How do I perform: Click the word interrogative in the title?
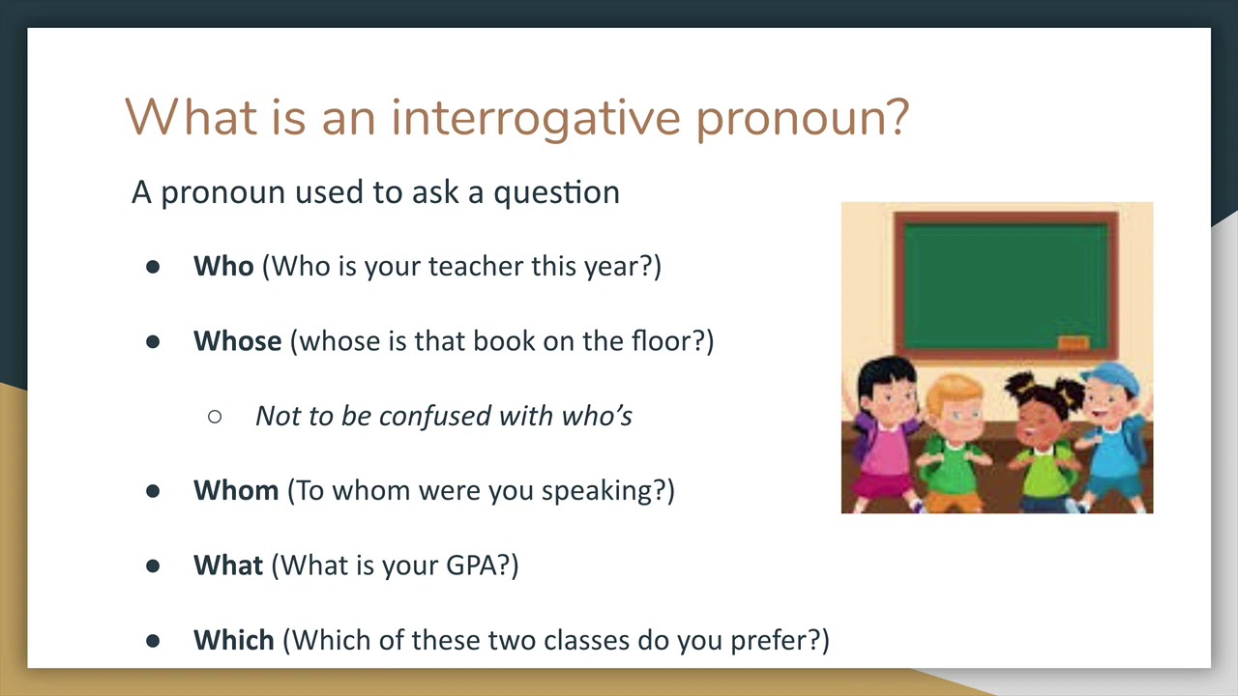536,118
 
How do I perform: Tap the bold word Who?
223,266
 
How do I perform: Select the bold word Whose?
237,341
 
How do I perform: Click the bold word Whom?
236,490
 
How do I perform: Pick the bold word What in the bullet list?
227,565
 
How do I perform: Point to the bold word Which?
234,640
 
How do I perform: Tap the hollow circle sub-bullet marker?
215,417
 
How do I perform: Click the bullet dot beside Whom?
153,491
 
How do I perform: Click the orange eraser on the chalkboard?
1074,342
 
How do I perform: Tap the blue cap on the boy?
1112,377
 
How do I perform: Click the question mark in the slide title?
894,117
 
